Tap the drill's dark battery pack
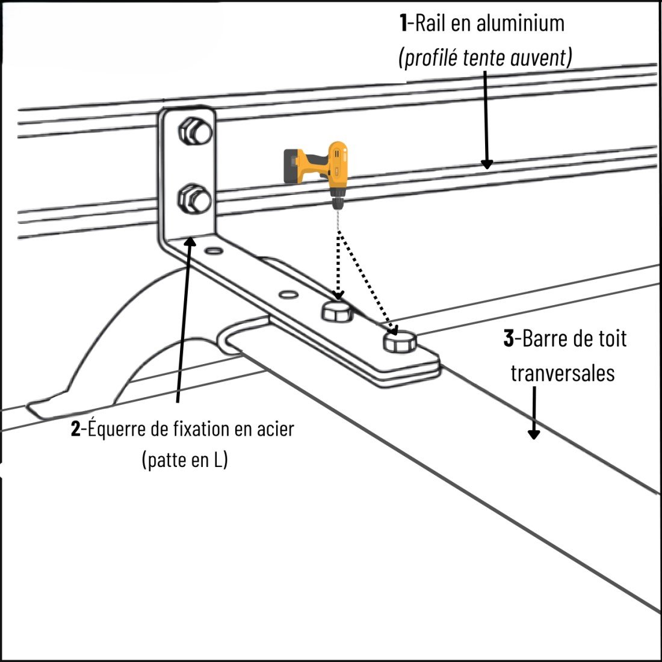(x=295, y=164)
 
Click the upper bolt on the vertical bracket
(x=194, y=131)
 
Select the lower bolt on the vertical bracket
(x=194, y=199)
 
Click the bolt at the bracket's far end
(x=399, y=342)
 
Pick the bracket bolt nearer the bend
(x=337, y=311)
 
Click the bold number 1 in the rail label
(x=403, y=23)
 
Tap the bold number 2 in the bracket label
(x=75, y=429)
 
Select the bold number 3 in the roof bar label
(x=508, y=339)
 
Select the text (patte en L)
(x=184, y=460)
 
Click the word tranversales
(x=563, y=373)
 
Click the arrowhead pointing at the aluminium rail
(x=486, y=163)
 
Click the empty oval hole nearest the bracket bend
(x=212, y=250)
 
